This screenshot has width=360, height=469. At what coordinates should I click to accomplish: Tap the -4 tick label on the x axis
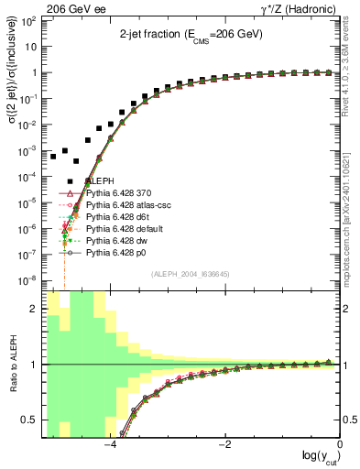(x=109, y=445)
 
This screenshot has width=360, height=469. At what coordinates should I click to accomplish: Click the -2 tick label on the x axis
(x=224, y=445)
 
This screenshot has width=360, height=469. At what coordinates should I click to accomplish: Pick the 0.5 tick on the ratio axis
(x=31, y=420)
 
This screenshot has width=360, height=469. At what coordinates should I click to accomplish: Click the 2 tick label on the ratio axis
(x=36, y=309)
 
